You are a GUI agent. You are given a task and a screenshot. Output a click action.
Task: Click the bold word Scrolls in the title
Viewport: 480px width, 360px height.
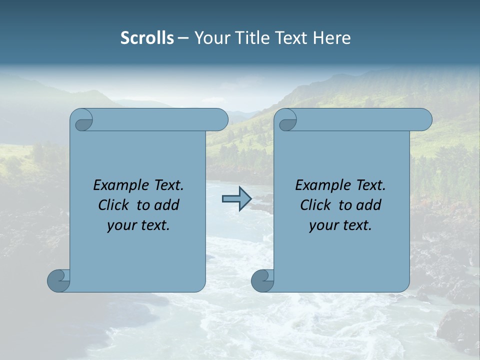click(x=147, y=38)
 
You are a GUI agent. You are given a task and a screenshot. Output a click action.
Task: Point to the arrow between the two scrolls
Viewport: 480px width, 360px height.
click(x=236, y=199)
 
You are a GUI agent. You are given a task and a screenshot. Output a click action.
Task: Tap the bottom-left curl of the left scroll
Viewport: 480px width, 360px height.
click(x=58, y=280)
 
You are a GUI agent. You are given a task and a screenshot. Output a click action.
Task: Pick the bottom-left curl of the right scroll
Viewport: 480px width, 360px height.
click(x=262, y=280)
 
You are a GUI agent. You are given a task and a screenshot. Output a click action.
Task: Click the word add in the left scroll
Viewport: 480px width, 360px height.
click(x=167, y=205)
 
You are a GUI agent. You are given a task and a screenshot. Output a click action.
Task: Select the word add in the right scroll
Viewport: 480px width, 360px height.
click(x=369, y=205)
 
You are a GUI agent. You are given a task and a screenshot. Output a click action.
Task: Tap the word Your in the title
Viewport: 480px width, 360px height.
click(x=209, y=38)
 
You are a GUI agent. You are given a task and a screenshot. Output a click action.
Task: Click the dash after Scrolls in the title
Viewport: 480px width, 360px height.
click(x=183, y=38)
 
